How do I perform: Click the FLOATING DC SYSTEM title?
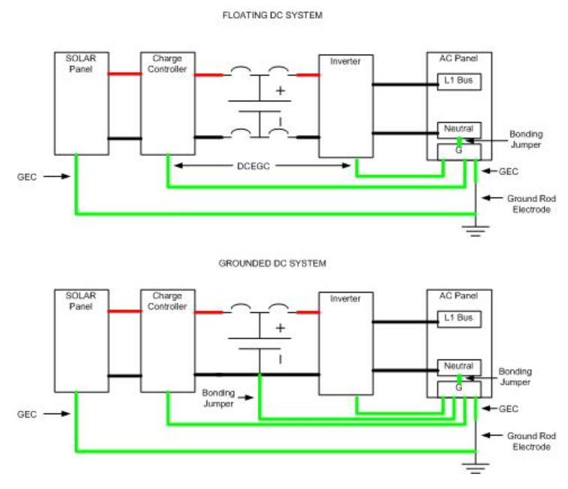[x=272, y=15]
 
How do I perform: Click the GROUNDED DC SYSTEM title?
[x=272, y=263]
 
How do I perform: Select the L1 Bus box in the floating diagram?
[x=459, y=82]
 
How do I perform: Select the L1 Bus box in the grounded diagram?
[x=459, y=319]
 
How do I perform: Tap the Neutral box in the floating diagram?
[x=459, y=130]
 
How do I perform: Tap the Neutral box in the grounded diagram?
[x=459, y=367]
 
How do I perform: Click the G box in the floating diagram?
[x=459, y=152]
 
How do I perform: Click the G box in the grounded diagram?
[x=459, y=389]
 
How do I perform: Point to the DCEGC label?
[x=253, y=166]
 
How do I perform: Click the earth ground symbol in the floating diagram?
[x=476, y=230]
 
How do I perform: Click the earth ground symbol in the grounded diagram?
[x=476, y=468]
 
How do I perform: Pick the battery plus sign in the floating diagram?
[x=280, y=91]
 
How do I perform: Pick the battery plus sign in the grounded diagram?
[x=280, y=328]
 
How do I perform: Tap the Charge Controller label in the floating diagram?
[x=167, y=64]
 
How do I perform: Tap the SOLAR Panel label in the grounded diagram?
[x=81, y=301]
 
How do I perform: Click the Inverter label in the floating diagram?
[x=345, y=61]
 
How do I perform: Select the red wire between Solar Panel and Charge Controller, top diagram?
[x=125, y=73]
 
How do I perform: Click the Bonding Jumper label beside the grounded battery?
[x=218, y=398]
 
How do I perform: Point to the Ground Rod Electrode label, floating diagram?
[x=531, y=204]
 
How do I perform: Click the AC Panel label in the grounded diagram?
[x=458, y=295]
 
